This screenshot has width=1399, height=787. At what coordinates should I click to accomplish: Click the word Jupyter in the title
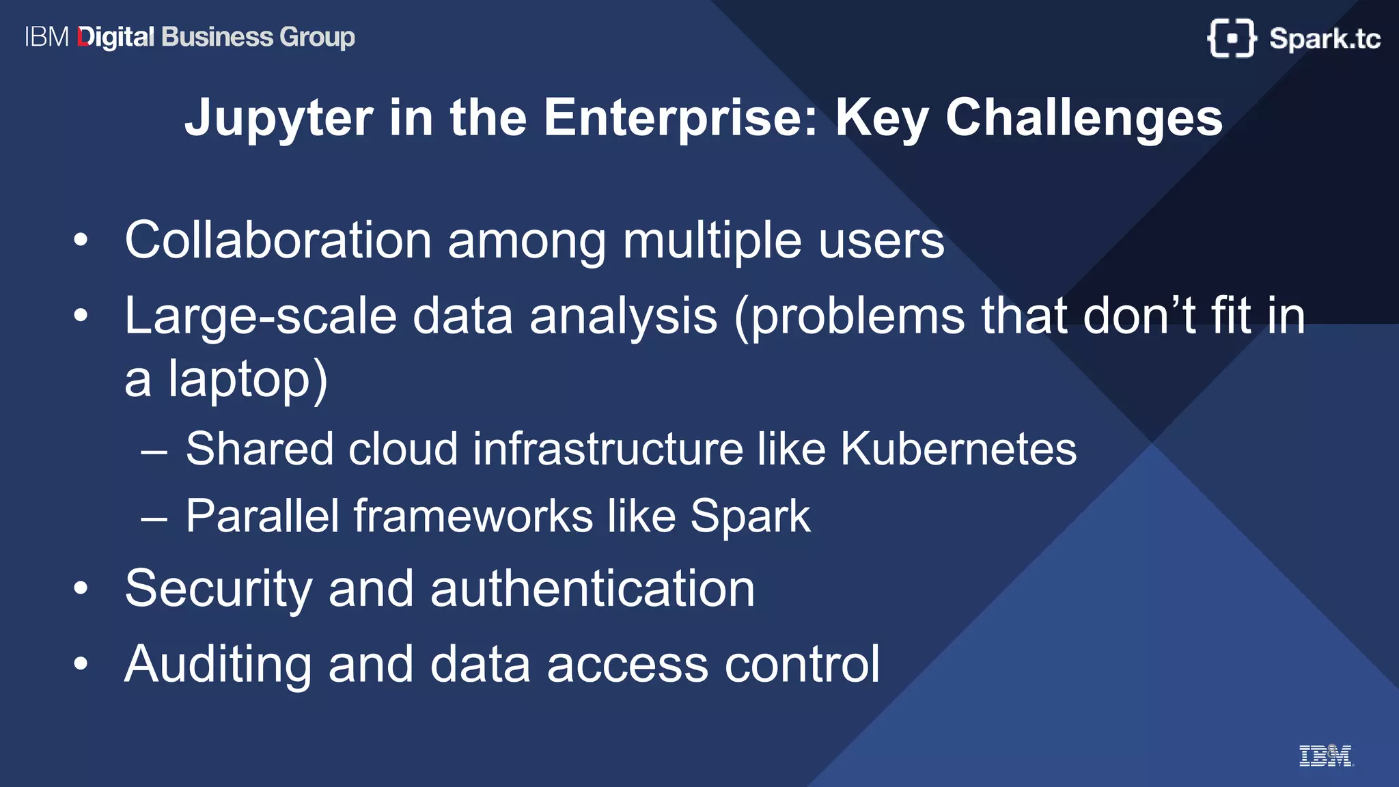[279, 118]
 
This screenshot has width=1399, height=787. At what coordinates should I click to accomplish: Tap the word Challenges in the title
[1083, 118]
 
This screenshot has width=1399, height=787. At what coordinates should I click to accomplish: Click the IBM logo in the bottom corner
[1325, 756]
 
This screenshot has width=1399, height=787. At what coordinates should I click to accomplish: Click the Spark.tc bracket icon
[1231, 38]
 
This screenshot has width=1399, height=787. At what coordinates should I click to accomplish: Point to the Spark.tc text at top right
[1325, 38]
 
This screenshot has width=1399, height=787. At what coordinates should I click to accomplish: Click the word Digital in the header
[116, 37]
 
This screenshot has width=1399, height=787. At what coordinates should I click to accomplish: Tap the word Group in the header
[317, 37]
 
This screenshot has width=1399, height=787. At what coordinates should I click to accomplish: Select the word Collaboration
[277, 240]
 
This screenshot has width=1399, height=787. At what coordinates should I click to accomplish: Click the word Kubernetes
[958, 449]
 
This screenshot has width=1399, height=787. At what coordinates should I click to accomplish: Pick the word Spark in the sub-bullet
[750, 516]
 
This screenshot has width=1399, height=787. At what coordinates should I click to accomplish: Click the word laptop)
[248, 380]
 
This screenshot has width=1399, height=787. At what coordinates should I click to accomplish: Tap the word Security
[218, 589]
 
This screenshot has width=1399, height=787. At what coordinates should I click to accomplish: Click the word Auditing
[218, 664]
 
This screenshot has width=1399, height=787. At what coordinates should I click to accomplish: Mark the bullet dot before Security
[81, 588]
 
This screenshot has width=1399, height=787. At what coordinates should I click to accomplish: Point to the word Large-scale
[260, 316]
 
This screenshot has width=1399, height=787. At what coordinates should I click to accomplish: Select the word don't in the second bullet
[1139, 316]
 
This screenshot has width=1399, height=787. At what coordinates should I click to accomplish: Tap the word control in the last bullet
[802, 664]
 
